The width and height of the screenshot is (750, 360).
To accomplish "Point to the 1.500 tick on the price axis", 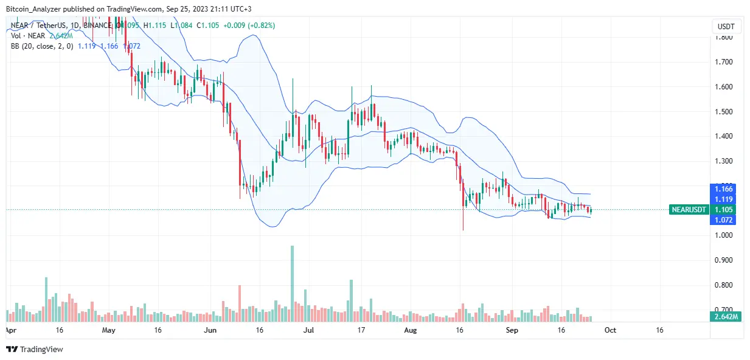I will point(723,112).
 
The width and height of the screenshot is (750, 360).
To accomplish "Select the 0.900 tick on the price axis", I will point(723,260).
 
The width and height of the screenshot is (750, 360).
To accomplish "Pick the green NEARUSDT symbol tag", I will point(689,210).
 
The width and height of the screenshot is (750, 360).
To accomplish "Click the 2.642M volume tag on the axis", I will point(726,316).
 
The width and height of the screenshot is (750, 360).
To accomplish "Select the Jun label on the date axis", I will point(210,330).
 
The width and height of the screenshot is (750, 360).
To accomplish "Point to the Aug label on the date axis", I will point(411,330).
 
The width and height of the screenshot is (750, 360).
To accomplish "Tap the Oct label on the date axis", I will point(610,330).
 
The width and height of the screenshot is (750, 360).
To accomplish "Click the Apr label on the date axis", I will point(10,330).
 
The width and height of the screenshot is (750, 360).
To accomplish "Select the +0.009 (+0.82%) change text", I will point(251,26).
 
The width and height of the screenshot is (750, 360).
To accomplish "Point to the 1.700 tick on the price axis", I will point(723,62).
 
